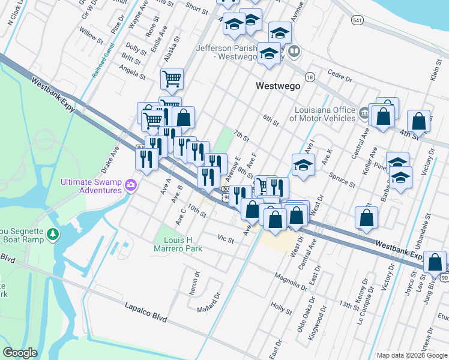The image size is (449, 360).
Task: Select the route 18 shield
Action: tap(310, 77)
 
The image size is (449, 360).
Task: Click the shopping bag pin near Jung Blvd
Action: tap(435, 262)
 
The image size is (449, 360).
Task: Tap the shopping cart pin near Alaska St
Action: tap(172, 78)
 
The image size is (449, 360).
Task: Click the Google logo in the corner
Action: tap(20, 353)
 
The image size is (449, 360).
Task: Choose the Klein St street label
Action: tap(436, 74)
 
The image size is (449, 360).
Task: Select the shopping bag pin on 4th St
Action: tap(418, 121)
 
